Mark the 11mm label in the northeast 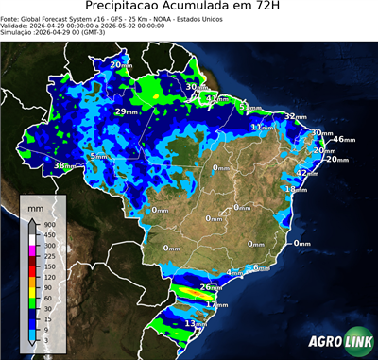pyautogui.click(x=261, y=127)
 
